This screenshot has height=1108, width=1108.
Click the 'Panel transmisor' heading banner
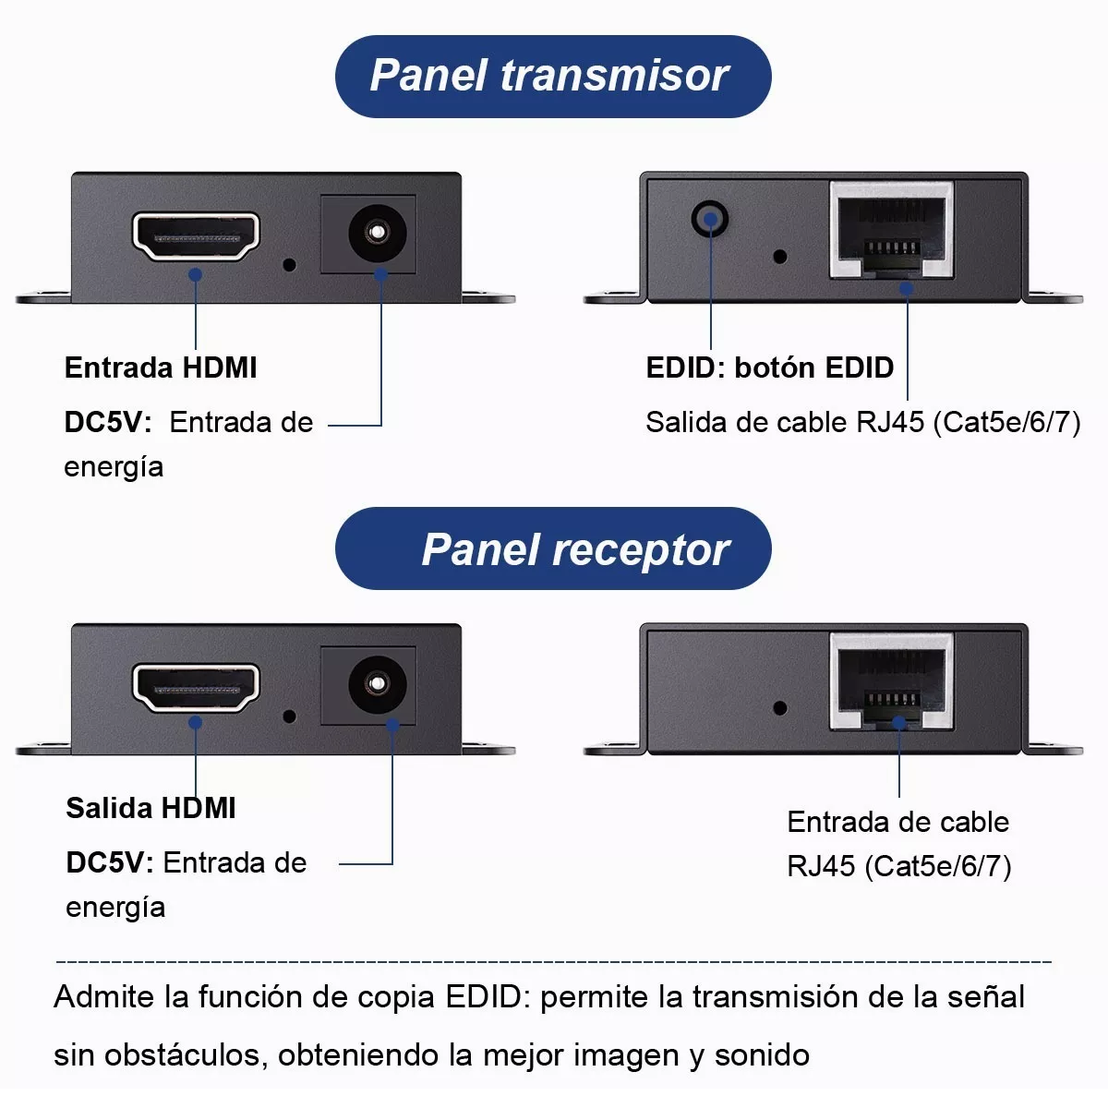552,77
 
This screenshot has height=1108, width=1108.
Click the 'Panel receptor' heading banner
552,549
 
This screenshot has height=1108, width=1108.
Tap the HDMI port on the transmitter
196,236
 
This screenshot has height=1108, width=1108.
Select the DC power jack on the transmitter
377,232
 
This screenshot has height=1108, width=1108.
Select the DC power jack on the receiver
377,683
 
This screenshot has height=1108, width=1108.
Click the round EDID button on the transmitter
709,220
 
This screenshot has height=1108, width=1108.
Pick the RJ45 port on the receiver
891,682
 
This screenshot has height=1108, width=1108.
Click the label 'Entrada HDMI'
161,367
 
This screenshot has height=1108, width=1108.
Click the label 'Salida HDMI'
151,808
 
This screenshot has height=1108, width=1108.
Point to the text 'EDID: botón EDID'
769,367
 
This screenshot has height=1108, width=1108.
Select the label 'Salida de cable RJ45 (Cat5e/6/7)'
862,422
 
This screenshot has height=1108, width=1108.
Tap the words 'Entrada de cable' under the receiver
897,822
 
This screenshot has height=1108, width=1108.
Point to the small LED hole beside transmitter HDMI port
289,264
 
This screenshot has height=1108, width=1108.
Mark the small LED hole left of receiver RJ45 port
780,708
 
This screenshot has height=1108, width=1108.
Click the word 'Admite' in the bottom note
103,997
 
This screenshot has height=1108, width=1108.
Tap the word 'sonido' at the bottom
762,1054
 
